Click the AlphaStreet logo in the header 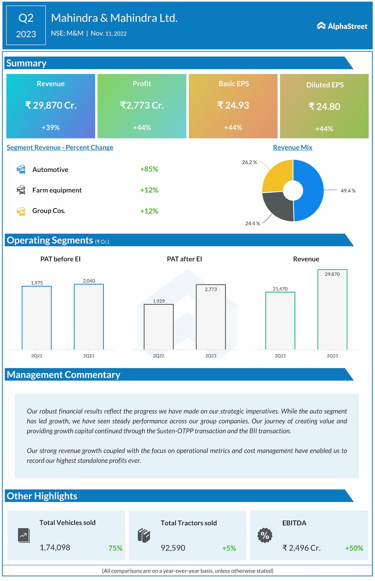342,26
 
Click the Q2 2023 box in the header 26,26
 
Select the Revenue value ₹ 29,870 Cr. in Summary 51,105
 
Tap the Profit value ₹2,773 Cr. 142,105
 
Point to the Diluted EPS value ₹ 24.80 324,106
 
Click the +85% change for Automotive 149,169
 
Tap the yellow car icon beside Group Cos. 21,211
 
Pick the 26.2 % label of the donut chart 249,162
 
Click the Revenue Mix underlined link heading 292,148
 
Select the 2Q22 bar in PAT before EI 37,317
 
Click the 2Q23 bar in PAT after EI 211,317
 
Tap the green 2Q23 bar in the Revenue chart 332,309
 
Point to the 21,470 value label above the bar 280,289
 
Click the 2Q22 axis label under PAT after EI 158,356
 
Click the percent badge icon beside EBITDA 265,535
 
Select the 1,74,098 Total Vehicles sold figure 55,548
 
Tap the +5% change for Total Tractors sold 229,548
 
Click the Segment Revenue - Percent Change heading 60,148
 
